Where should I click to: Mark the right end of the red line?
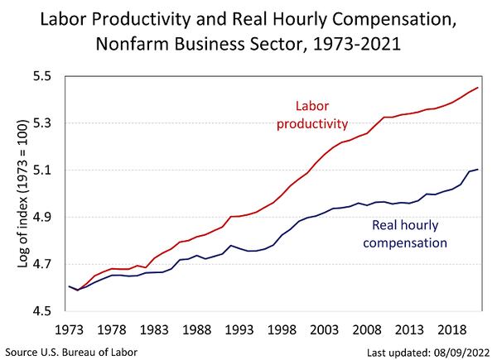coord(477,88)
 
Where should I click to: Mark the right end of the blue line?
coord(477,170)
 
